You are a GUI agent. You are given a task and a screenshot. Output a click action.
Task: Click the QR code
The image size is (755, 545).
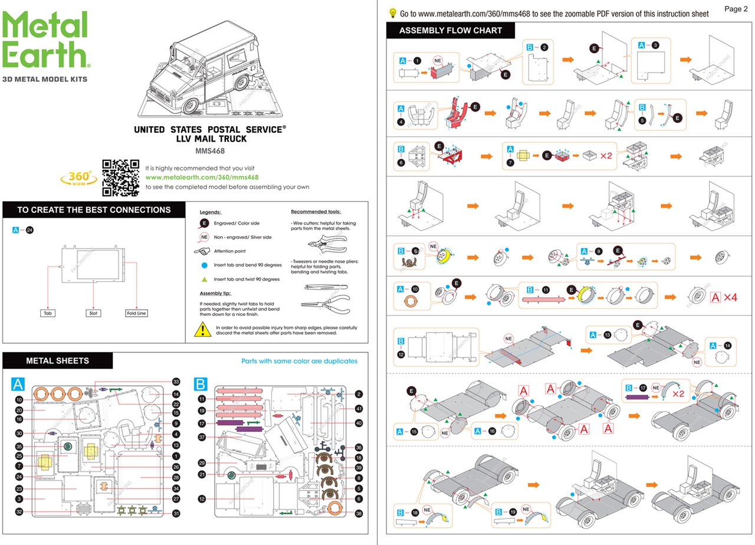coord(120,177)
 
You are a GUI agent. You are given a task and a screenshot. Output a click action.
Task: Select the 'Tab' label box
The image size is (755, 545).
coord(48,313)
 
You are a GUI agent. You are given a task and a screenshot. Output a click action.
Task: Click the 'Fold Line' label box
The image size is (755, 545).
coord(136,313)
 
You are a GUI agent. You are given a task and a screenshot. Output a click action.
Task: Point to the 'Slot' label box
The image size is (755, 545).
coord(93,313)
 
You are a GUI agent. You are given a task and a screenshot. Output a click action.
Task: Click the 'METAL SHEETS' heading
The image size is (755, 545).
coord(58,360)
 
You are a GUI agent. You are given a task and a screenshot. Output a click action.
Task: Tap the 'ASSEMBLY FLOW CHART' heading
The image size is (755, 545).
coord(451,30)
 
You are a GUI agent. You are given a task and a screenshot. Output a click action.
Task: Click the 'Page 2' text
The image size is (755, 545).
coord(736,9)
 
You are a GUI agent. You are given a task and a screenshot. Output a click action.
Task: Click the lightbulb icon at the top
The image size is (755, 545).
coord(392,13)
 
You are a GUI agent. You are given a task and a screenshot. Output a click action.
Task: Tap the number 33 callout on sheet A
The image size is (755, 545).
coord(176,382)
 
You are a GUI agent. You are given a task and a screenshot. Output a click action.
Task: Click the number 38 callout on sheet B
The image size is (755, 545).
coord(358,513)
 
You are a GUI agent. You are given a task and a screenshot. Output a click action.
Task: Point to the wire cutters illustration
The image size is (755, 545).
coord(324,242)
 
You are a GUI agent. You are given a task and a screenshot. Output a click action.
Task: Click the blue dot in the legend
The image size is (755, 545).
coord(204,265)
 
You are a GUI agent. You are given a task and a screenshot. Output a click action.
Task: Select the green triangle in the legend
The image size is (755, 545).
coord(204,279)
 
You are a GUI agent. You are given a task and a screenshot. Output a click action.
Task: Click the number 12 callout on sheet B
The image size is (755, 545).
coord(202,499)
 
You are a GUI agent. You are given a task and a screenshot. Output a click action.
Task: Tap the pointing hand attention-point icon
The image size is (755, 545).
coord(202,251)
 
